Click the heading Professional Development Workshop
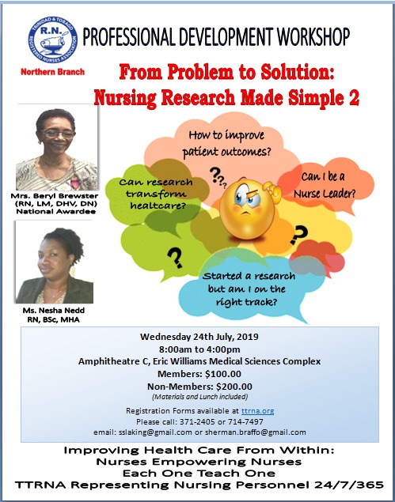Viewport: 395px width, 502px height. [216, 37]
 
